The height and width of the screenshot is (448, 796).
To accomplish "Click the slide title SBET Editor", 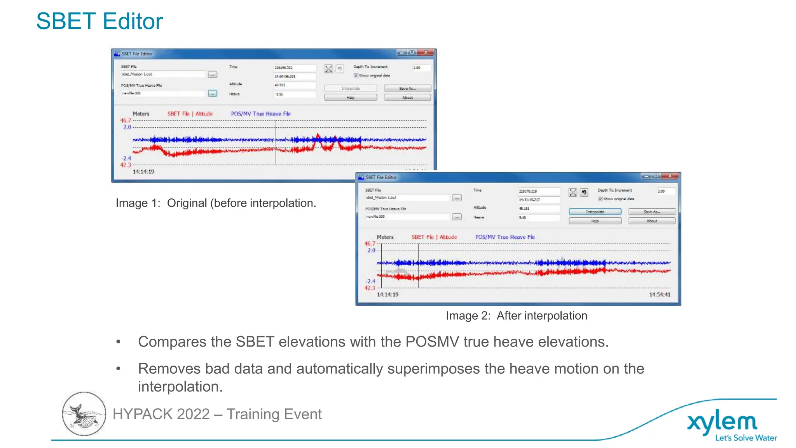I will click(x=99, y=21).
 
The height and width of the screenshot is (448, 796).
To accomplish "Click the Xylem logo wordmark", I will click(x=722, y=422).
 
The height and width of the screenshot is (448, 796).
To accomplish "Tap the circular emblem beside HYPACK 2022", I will click(x=84, y=414).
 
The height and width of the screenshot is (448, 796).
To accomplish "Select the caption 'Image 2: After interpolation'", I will click(x=516, y=316).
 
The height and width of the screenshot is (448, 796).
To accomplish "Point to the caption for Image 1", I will click(x=216, y=203).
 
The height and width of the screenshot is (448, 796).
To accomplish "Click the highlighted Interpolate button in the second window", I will click(x=595, y=212).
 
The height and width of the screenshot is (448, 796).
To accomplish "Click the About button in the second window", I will click(x=652, y=221).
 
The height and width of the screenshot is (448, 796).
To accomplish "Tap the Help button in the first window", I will click(x=351, y=98).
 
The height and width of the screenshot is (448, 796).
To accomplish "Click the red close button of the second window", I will click(x=670, y=176).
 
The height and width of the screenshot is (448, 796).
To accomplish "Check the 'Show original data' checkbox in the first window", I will click(x=356, y=75).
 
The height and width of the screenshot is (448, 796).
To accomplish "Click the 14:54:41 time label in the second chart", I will click(x=660, y=294).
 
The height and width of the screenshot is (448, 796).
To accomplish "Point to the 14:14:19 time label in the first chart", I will click(x=143, y=171).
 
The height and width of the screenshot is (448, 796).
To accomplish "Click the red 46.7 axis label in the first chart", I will click(x=126, y=121).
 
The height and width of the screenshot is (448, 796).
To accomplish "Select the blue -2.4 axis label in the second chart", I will click(x=370, y=281).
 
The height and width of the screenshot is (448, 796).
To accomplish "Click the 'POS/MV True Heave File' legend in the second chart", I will click(x=505, y=237).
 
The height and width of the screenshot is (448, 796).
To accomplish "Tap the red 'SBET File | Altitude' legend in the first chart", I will click(x=190, y=114).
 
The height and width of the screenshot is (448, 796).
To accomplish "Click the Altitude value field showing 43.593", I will click(x=294, y=85).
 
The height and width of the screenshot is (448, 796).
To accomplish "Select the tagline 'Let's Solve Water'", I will click(x=746, y=438).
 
